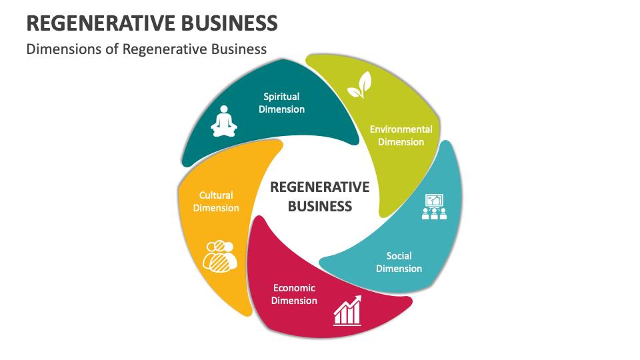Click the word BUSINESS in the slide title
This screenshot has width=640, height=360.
coord(229,23)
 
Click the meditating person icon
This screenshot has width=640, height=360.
coord(224,121)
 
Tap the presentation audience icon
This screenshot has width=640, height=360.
coord(434,207)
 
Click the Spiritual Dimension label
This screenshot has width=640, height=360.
coord(281,103)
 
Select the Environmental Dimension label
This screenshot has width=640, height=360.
coord(401,135)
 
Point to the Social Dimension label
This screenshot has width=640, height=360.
coord(399,262)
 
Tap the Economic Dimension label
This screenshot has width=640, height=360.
coord(294,294)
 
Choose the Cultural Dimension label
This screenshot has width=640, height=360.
coord(216,201)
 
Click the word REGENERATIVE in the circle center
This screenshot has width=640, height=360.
coord(319,187)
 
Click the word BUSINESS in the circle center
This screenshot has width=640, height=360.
coord(319,207)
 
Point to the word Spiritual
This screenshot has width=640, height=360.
coord(281,97)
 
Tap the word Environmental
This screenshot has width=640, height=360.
coord(401,129)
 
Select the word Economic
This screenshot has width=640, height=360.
coord(294,288)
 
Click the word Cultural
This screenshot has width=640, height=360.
coord(216,195)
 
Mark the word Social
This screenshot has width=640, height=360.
coord(399,256)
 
